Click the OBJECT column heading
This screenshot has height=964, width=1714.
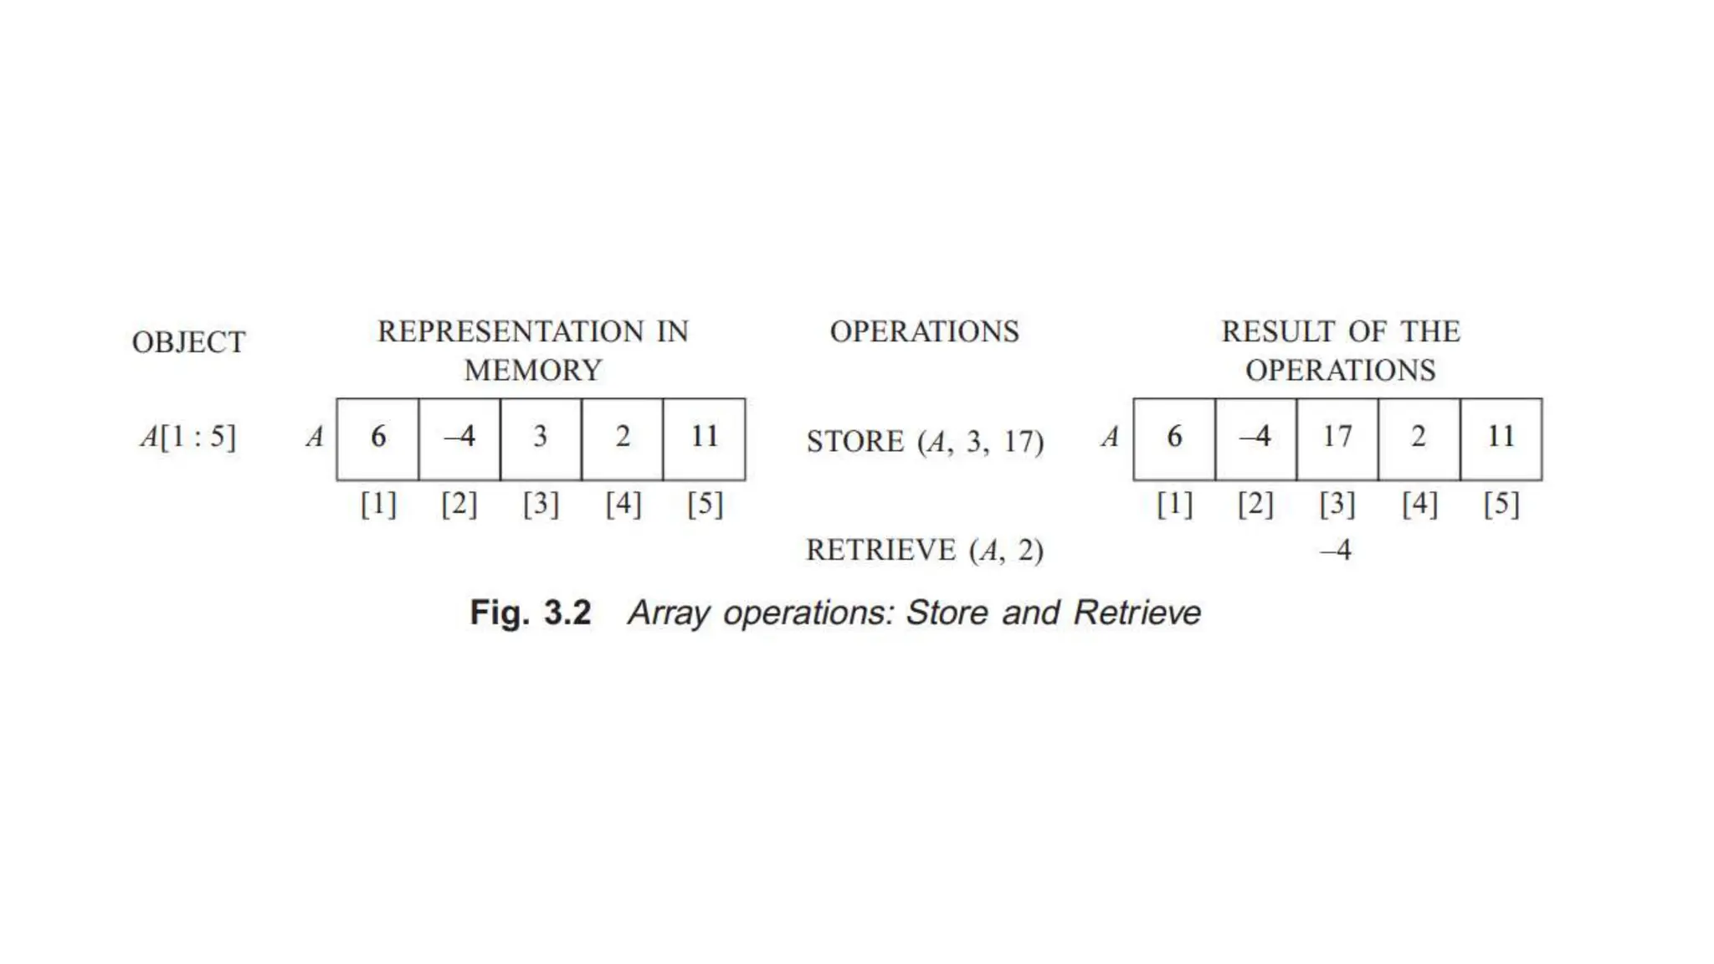pos(188,342)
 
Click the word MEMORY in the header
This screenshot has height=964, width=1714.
pos(533,370)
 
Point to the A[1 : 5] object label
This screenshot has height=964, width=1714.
pos(188,436)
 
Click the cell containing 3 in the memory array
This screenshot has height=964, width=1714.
pos(541,438)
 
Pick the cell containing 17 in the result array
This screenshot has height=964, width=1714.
pos(1337,438)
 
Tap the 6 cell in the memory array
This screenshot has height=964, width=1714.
pos(378,438)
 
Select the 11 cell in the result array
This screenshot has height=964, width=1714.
pos(1501,438)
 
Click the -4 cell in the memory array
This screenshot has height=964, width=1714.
pos(459,438)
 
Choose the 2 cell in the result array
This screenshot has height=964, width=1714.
pos(1419,438)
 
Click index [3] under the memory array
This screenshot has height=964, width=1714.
pos(541,504)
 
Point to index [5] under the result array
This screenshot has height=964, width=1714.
pos(1501,504)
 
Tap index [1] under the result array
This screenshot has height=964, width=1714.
pos(1174,504)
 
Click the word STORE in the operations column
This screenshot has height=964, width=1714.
pos(854,441)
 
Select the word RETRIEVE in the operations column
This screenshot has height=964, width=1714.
pos(880,550)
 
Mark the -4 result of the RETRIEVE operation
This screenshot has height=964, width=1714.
pos(1336,550)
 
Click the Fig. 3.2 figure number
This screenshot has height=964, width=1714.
pos(531,613)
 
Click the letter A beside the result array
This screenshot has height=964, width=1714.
pos(1110,437)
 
